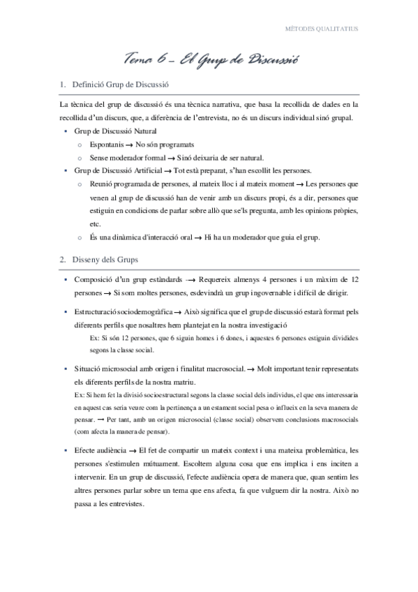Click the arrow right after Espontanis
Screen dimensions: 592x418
pyautogui.click(x=129, y=145)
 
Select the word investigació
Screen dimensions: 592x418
pyautogui.click(x=266, y=325)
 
